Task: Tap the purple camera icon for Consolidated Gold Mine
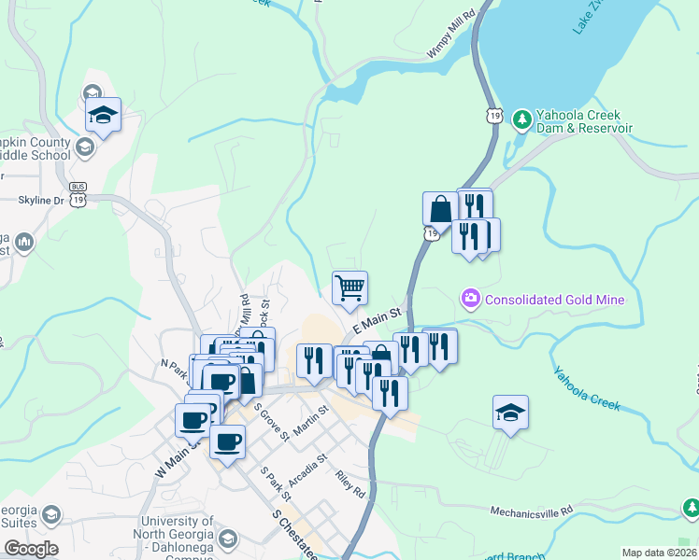tap(470, 299)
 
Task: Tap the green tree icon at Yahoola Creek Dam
tap(521, 120)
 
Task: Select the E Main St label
tap(377, 320)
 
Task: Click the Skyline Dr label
tap(40, 200)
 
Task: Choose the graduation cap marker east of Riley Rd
tap(510, 413)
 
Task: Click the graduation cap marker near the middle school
tap(103, 116)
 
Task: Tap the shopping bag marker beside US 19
tap(439, 209)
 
